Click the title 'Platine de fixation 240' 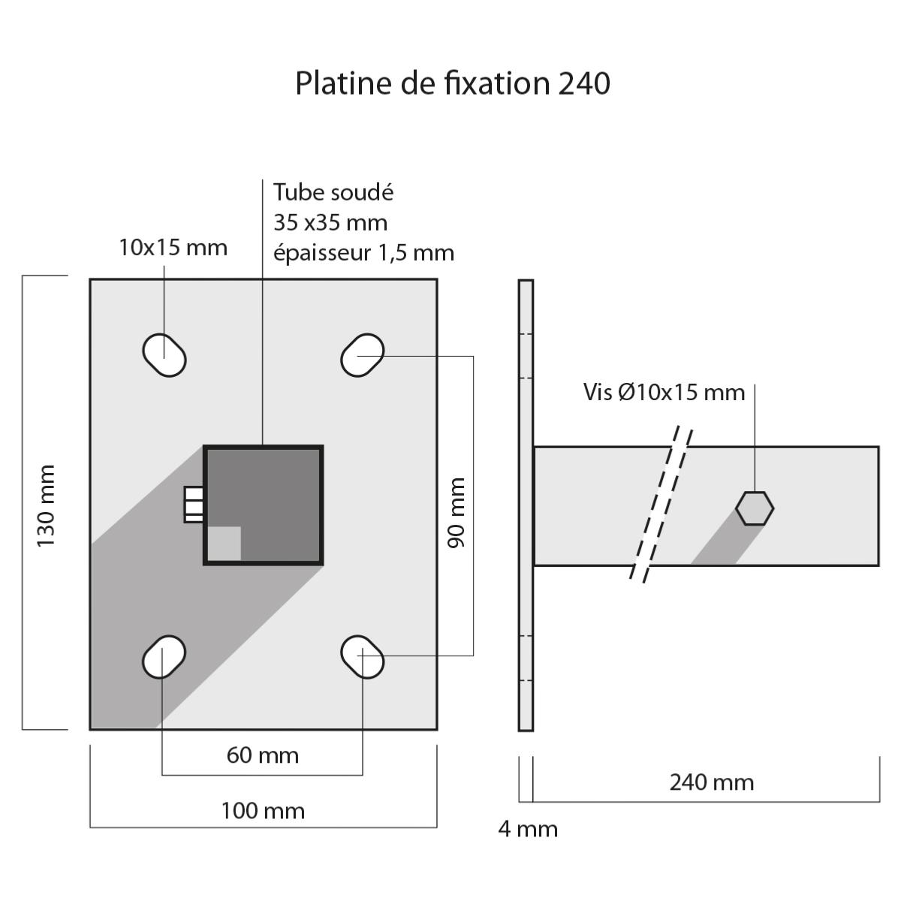(x=452, y=83)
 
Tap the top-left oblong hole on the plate (x=164, y=354)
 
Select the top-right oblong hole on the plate (x=363, y=354)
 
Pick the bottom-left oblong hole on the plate (x=164, y=657)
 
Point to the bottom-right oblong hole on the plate (x=363, y=657)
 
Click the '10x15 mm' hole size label (x=173, y=247)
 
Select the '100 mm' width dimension (x=263, y=811)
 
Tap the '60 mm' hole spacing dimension (x=263, y=755)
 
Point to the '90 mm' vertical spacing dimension (x=457, y=512)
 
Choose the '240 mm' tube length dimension (x=711, y=782)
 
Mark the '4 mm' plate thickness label (x=528, y=829)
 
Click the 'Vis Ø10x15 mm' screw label (x=664, y=392)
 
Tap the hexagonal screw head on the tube (x=755, y=508)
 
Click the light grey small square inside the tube (x=224, y=543)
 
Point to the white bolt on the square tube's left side (x=194, y=505)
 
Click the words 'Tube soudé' (x=333, y=192)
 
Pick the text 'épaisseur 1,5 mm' (x=363, y=252)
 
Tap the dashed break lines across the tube (x=661, y=505)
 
